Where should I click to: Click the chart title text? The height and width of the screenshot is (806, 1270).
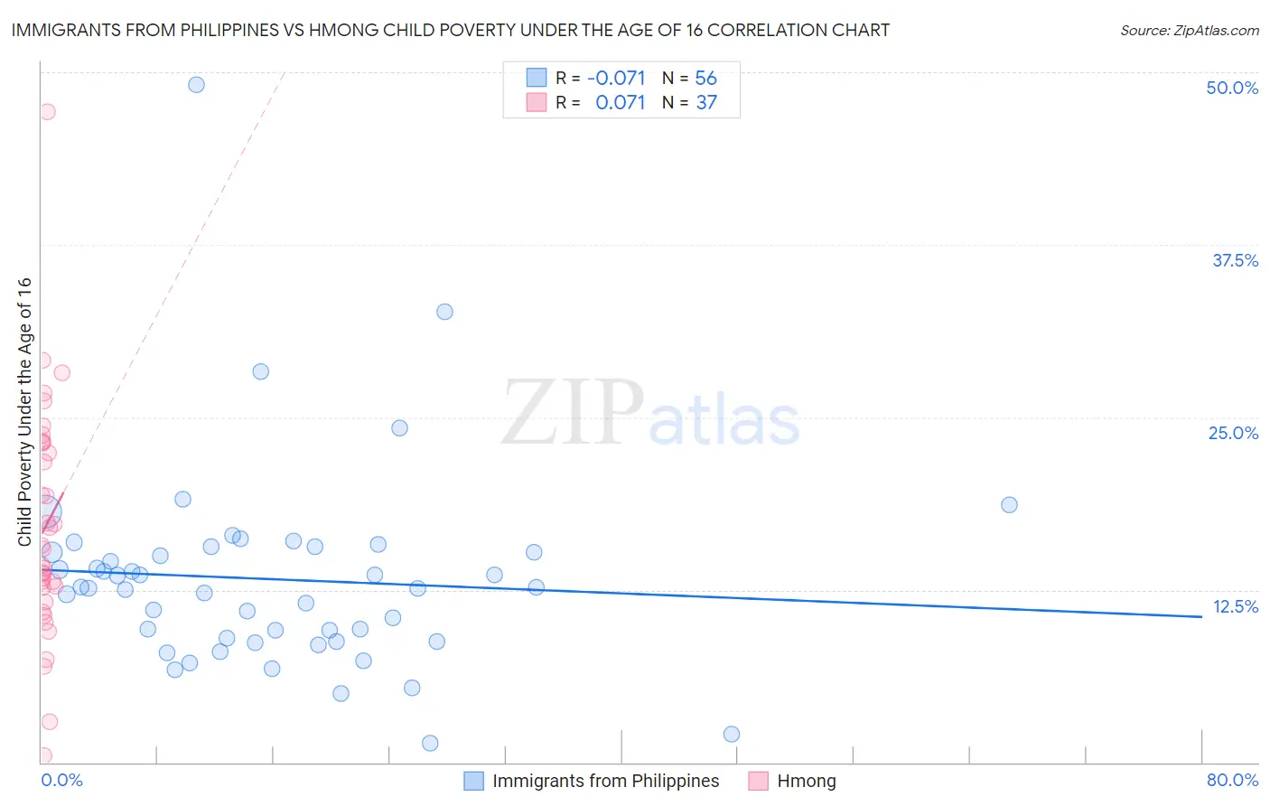[x=450, y=30]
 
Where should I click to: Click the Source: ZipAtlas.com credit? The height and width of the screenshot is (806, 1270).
[x=1189, y=30]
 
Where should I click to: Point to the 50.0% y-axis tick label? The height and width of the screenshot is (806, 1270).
[x=1232, y=88]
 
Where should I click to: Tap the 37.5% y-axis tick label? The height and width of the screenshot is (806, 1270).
[x=1235, y=260]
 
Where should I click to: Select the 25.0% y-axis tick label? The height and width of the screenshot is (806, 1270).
[x=1233, y=433]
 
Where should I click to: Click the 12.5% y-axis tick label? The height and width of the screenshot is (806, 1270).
[x=1235, y=606]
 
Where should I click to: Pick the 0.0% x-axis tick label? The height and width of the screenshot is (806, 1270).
[x=61, y=780]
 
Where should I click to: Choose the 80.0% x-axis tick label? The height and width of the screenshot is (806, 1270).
[x=1232, y=780]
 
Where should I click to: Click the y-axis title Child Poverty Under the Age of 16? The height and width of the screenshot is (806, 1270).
[x=25, y=411]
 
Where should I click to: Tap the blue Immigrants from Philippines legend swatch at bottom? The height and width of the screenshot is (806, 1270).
[x=474, y=781]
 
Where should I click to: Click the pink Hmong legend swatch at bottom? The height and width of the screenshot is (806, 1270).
[x=759, y=781]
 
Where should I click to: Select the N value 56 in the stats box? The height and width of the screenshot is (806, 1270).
[x=705, y=79]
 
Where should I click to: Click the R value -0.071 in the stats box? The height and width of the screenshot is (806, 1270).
[x=616, y=79]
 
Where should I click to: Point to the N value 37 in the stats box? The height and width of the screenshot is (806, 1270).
[x=706, y=103]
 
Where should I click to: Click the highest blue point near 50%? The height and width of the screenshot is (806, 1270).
[x=196, y=85]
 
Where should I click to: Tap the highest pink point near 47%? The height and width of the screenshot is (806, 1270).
[x=47, y=112]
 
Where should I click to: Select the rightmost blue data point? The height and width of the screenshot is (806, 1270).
[x=1009, y=505]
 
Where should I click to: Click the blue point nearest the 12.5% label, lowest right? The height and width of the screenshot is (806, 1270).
[x=732, y=735]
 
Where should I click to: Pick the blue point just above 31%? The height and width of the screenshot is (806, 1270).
[x=444, y=312]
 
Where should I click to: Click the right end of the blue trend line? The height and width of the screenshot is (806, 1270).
[x=1201, y=616]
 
